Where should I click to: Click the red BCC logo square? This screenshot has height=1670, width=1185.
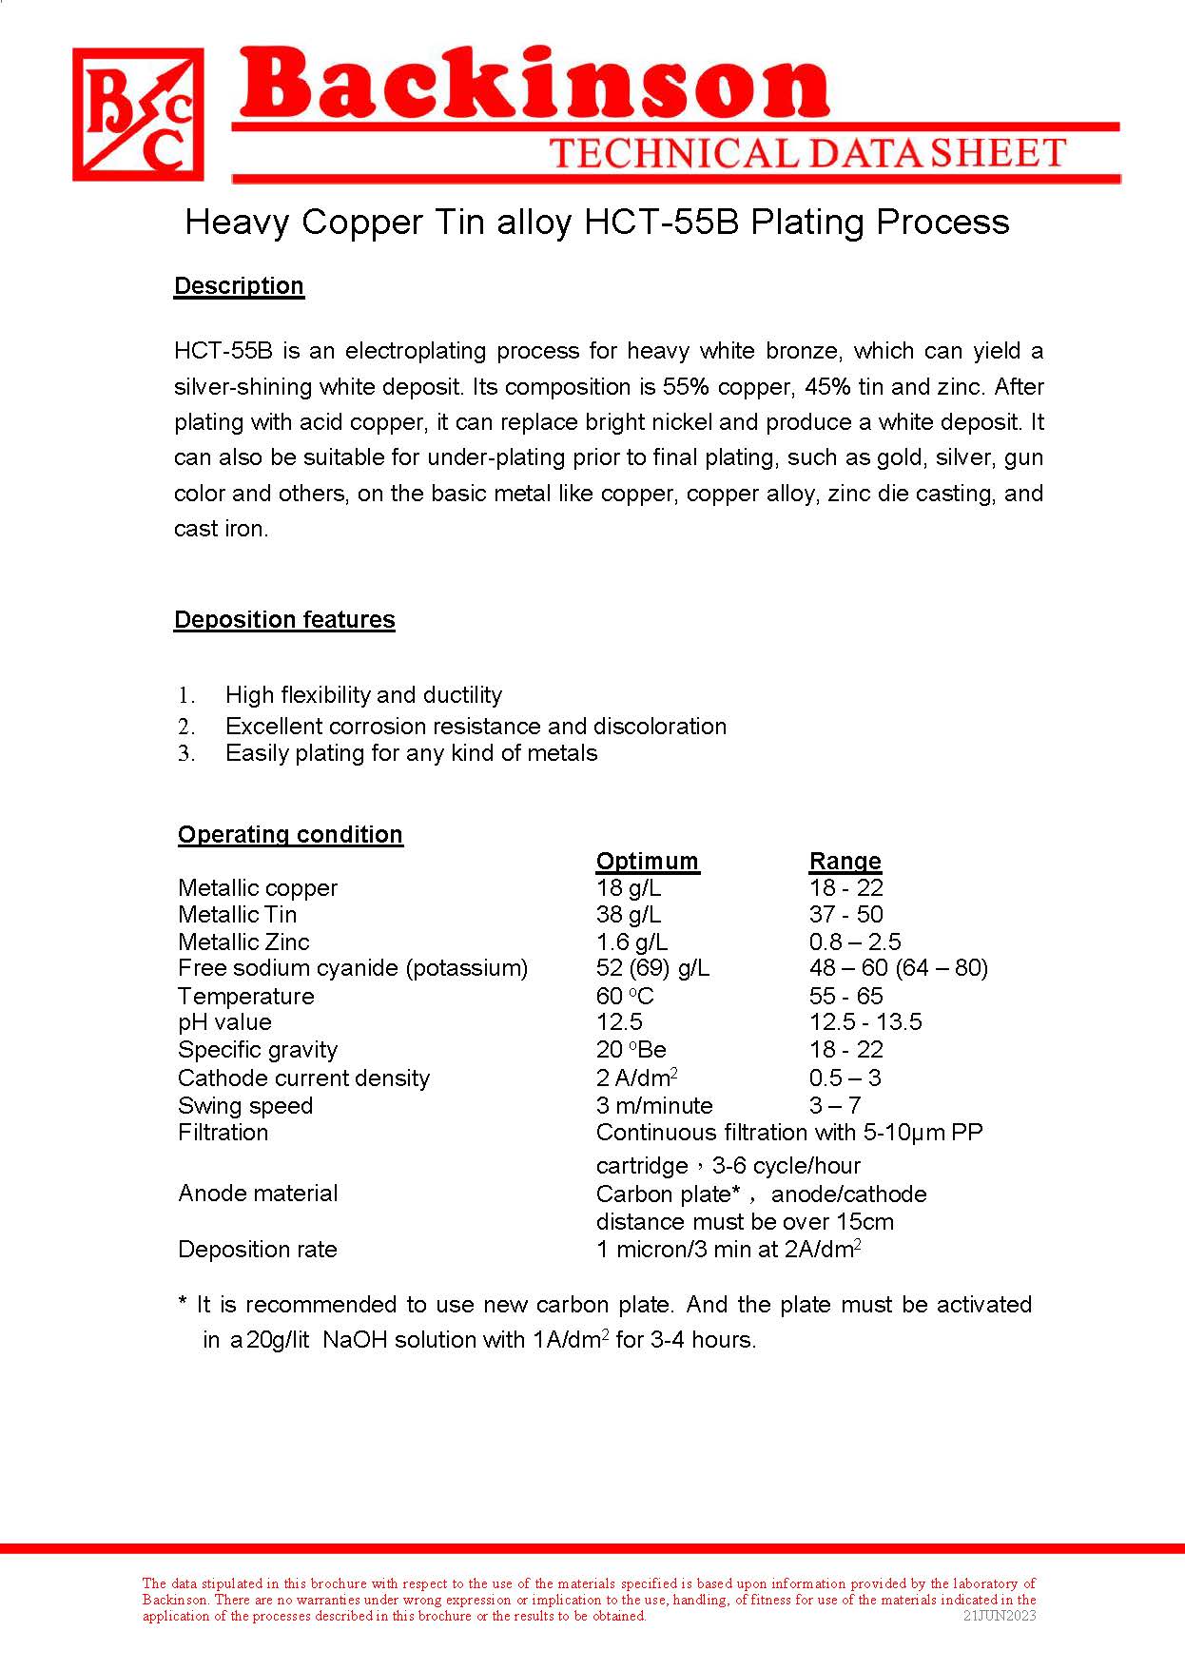pos(138,115)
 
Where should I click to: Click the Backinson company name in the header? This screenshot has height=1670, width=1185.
pos(533,86)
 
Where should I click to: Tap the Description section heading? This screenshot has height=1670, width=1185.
pos(239,286)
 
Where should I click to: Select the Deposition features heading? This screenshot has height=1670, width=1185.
pos(284,620)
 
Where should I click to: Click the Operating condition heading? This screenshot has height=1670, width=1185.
pos(290,835)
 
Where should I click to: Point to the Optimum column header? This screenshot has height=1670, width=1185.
pos(647,862)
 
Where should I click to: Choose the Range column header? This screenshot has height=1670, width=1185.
pos(845,862)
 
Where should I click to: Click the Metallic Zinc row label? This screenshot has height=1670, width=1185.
pos(243,942)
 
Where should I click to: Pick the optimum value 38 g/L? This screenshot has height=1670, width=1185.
pos(628,915)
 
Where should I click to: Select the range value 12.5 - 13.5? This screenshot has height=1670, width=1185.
pos(865,1022)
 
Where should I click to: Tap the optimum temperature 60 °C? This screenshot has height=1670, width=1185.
pos(625,997)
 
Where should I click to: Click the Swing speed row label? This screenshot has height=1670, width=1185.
pos(245,1106)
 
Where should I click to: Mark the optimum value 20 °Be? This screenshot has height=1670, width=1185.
pos(631,1050)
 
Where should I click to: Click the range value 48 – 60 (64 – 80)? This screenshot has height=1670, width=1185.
pos(898,968)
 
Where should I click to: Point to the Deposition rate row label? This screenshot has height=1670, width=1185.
pos(257,1250)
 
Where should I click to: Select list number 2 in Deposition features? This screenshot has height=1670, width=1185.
pos(186,728)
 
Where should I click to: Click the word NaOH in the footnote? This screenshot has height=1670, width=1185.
pos(354,1341)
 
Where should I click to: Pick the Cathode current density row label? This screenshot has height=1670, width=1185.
pos(303,1078)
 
